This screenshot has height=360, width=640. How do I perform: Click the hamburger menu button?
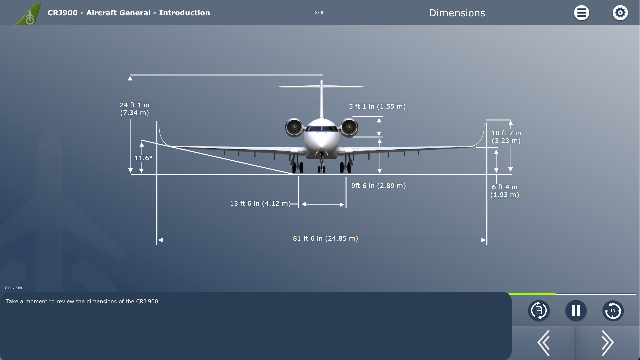coord(581,13)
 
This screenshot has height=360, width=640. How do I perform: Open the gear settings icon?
coord(620,13)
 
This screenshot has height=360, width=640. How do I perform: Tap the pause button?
coord(576,311)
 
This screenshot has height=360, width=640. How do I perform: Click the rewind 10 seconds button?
coord(613,311)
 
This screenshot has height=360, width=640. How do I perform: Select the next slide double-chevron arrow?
coord(607,343)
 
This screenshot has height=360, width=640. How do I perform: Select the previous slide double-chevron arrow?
coord(544,343)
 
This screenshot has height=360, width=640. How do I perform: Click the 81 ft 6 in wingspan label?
coord(325,238)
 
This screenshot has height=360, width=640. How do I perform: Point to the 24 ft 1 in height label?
coord(135,109)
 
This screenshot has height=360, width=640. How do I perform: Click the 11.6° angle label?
coord(143,158)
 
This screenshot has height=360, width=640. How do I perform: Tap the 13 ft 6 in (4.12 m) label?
coord(260,203)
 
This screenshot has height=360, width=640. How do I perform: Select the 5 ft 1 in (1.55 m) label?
coord(377,106)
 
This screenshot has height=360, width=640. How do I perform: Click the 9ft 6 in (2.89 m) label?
coord(379,186)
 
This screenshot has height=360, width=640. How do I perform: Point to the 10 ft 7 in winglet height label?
coord(506,137)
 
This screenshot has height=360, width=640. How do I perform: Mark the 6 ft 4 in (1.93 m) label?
coord(505,191)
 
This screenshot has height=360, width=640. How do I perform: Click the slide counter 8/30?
coord(320,13)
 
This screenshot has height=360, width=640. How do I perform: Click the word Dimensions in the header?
coord(457,13)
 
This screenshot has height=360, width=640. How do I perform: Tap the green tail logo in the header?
coord(27,14)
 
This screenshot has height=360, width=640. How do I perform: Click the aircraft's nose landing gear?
coord(321,163)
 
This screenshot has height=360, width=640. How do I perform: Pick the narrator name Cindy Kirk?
coord(14,288)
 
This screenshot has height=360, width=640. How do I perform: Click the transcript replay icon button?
coord(539,311)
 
